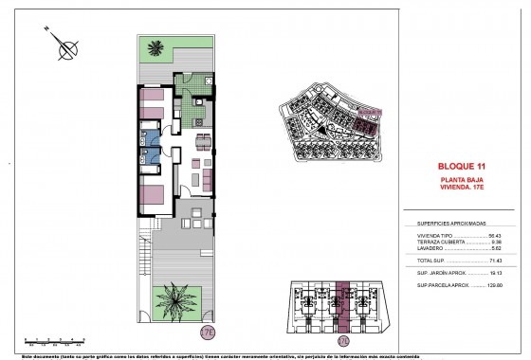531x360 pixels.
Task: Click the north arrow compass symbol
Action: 65,42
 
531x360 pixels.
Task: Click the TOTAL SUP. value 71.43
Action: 494,258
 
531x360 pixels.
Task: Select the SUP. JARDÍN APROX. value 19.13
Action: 494,271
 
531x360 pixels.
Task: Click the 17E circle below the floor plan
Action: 208,333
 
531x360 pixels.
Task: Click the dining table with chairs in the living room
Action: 204,144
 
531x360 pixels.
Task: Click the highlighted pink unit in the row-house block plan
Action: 344,302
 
